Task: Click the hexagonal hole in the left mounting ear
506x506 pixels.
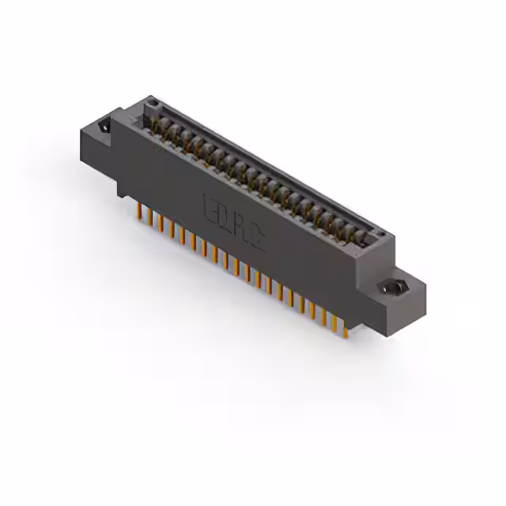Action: point(104,126)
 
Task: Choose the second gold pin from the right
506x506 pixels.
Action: point(334,321)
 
